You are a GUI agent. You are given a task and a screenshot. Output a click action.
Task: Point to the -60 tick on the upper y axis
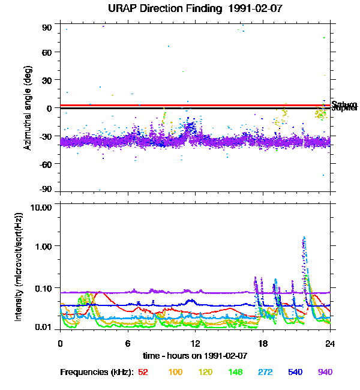[x=46, y=163]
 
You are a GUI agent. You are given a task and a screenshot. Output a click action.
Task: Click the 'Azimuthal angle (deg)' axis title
[x=27, y=108]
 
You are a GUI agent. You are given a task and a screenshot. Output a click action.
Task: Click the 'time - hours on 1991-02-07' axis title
[x=195, y=355]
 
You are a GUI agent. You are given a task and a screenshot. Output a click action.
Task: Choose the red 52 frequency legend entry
[x=143, y=372]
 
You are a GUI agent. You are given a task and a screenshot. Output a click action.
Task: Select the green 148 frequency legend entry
[x=236, y=372]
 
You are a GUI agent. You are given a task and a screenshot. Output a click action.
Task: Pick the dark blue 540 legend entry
[x=295, y=372]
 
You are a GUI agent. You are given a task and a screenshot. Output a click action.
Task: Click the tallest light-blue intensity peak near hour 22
[x=304, y=238]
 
